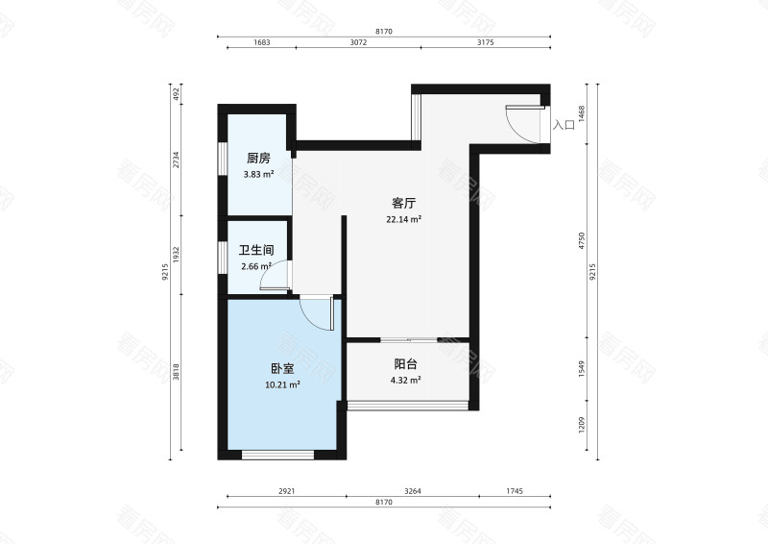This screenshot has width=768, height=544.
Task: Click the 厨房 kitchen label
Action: pyautogui.click(x=257, y=159)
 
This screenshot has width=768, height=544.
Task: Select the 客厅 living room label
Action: pyautogui.click(x=403, y=204)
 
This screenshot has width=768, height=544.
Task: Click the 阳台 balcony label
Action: pyautogui.click(x=405, y=364)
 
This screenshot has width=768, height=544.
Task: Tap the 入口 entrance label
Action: pyautogui.click(x=564, y=125)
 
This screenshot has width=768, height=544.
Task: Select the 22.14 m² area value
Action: pyautogui.click(x=403, y=219)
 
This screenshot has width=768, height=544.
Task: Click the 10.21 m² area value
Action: pyautogui.click(x=282, y=384)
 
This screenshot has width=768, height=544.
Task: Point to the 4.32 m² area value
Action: pyautogui.click(x=405, y=380)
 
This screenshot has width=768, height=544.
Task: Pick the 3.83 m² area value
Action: pyautogui.click(x=257, y=174)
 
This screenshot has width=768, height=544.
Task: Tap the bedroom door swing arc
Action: pyautogui.click(x=315, y=313)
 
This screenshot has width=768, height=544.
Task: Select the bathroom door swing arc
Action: pyautogui.click(x=276, y=278)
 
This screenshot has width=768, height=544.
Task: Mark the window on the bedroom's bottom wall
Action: pyautogui.click(x=278, y=455)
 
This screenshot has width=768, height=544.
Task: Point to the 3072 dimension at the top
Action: pyautogui.click(x=357, y=42)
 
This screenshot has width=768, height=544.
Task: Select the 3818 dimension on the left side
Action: pyautogui.click(x=176, y=377)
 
